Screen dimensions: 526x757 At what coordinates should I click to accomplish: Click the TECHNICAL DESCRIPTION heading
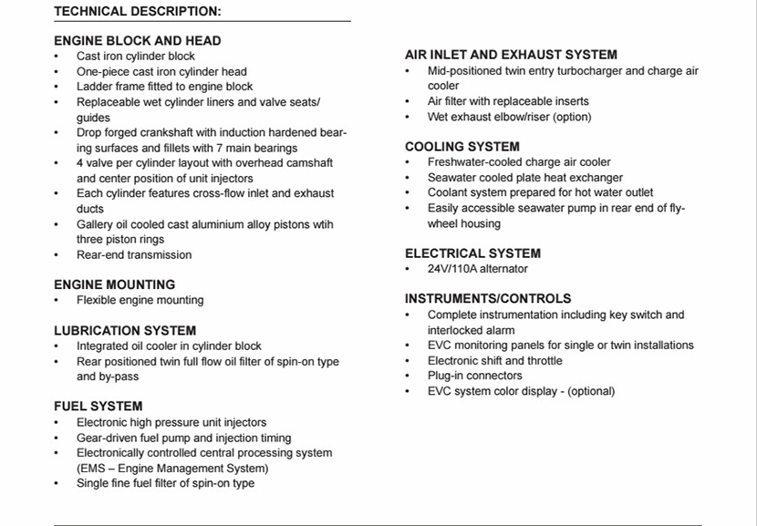137,11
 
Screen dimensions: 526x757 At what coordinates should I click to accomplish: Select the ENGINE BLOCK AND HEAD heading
137,41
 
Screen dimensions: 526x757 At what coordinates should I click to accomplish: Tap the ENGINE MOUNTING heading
114,284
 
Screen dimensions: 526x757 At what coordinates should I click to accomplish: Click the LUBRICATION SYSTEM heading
125,331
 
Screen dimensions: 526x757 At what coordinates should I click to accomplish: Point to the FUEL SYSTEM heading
98,407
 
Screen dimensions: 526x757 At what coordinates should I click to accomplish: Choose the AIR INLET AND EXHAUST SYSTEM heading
511,55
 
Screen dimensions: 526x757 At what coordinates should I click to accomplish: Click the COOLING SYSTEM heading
462,147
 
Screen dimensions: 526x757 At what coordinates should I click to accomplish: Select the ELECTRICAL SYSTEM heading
472,253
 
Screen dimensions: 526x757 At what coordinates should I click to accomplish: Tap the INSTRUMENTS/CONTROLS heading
488,299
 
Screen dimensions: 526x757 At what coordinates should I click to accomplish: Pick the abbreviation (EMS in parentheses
91,469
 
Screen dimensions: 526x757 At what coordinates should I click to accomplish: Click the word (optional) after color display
592,391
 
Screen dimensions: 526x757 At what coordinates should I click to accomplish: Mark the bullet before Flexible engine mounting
57,300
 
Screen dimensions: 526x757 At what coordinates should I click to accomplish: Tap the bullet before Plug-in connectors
408,376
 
